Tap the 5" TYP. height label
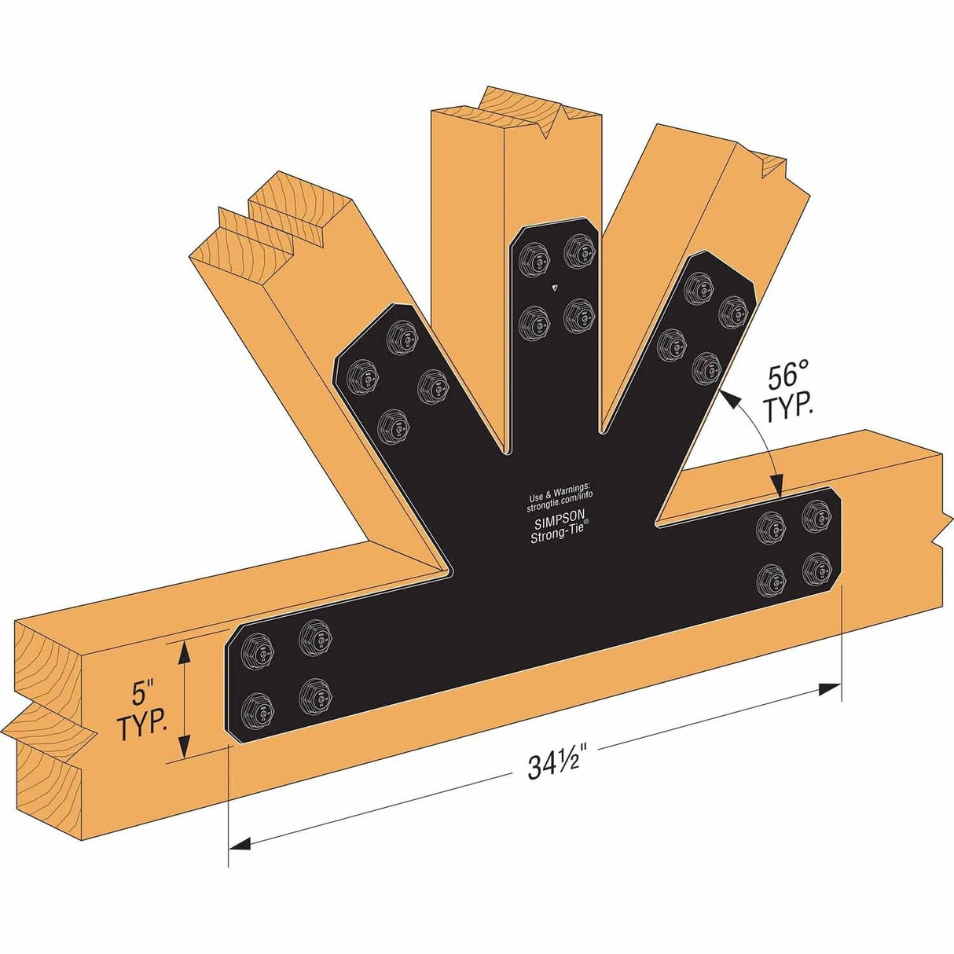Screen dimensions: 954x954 click(x=142, y=711)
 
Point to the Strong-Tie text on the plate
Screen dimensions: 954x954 click(x=559, y=536)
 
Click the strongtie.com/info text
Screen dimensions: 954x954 click(x=559, y=497)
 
